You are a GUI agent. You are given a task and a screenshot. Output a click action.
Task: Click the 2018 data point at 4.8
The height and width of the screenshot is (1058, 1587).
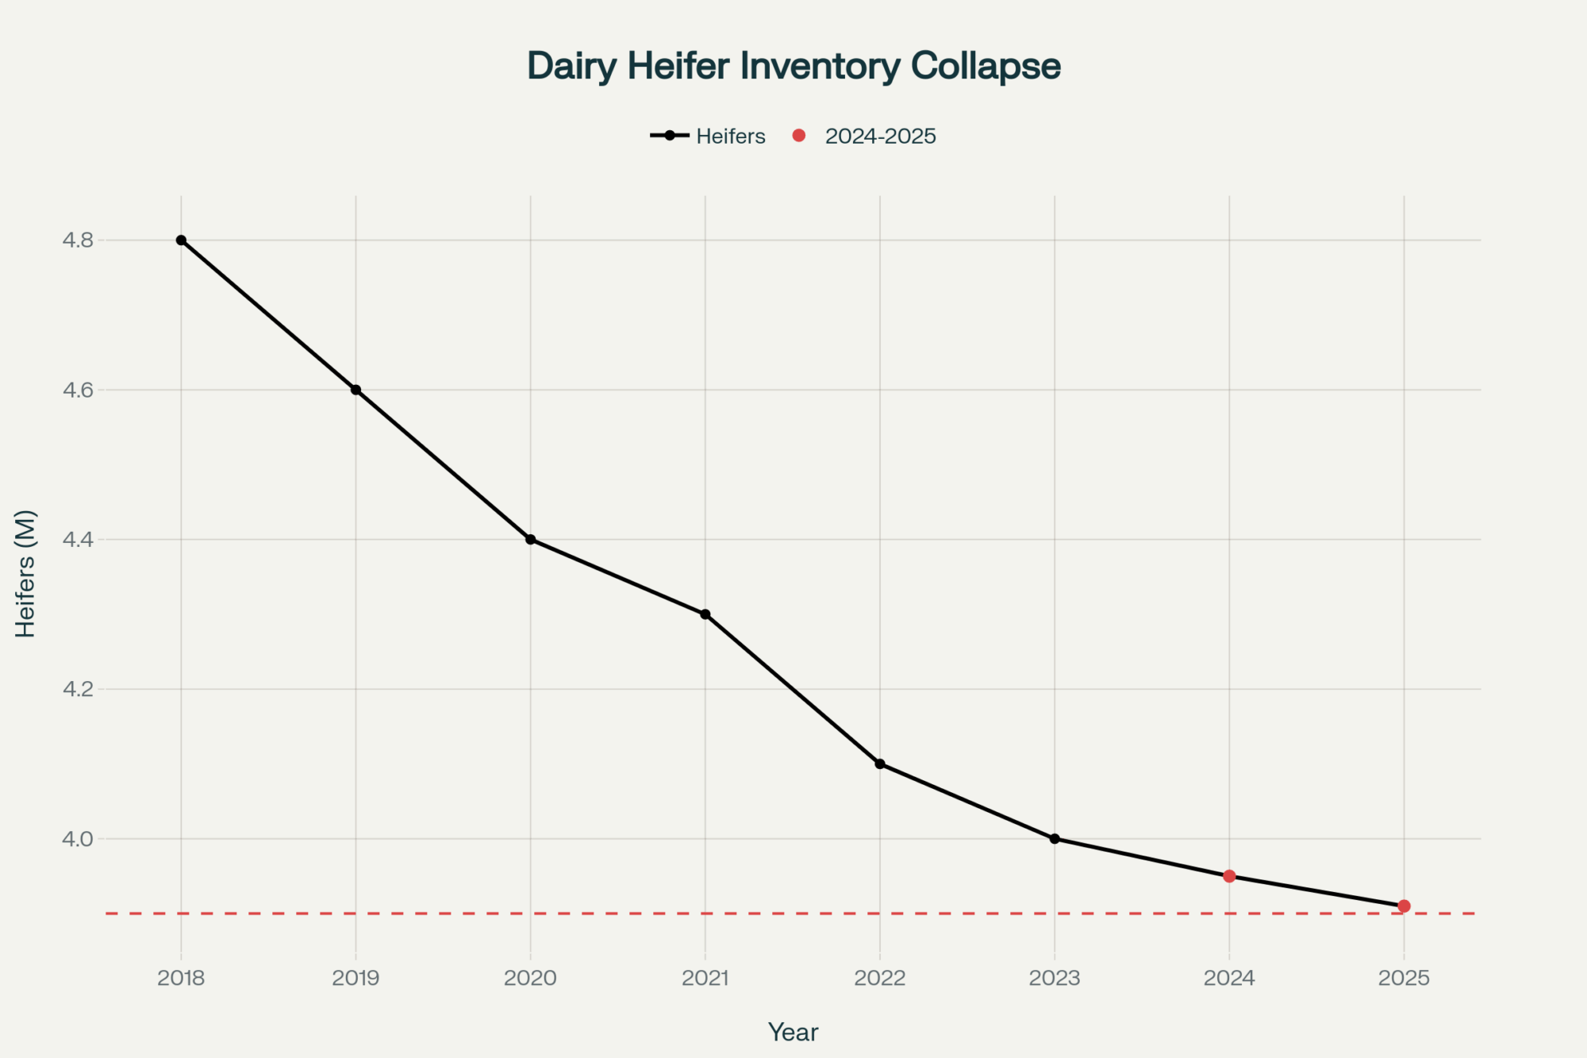coord(181,240)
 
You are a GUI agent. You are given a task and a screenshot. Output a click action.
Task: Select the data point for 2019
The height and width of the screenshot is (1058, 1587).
coord(355,390)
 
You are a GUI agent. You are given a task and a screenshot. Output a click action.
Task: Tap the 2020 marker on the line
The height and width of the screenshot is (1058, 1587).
coord(531,540)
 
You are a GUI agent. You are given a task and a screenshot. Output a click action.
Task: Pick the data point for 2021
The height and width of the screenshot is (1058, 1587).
coord(705,614)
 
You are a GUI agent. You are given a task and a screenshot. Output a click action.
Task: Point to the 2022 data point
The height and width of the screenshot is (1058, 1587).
coord(880,764)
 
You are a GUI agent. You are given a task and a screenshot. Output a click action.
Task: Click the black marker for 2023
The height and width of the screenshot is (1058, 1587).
coord(1055,838)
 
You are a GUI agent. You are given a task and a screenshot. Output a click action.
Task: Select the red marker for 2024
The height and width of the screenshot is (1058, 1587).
coord(1229,876)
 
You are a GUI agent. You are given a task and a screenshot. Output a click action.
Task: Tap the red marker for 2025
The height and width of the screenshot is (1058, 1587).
coord(1404,906)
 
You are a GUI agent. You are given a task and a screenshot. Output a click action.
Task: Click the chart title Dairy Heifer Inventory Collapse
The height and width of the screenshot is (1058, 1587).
coord(793,66)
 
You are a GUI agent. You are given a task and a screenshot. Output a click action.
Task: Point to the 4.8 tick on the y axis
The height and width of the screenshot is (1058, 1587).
coord(77,240)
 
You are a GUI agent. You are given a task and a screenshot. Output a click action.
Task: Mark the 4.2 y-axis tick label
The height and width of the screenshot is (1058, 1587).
coord(77,689)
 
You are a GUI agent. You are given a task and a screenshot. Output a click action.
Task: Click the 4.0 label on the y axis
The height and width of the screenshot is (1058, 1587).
coord(77,839)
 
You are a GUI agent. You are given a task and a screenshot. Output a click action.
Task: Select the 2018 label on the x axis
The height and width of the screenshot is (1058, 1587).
coord(181,978)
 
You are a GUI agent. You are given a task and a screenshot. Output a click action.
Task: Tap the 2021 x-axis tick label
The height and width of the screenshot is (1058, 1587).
coord(705,978)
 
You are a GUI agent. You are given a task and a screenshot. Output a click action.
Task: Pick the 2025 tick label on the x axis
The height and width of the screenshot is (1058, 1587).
coord(1404,978)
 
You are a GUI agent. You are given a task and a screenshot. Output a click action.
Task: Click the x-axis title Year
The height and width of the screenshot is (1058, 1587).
coord(793,1032)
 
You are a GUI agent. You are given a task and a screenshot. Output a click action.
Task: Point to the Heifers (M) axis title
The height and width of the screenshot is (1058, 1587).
coord(25,573)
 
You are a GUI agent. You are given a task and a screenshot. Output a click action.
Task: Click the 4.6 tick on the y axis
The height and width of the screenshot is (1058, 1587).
coord(77,390)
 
